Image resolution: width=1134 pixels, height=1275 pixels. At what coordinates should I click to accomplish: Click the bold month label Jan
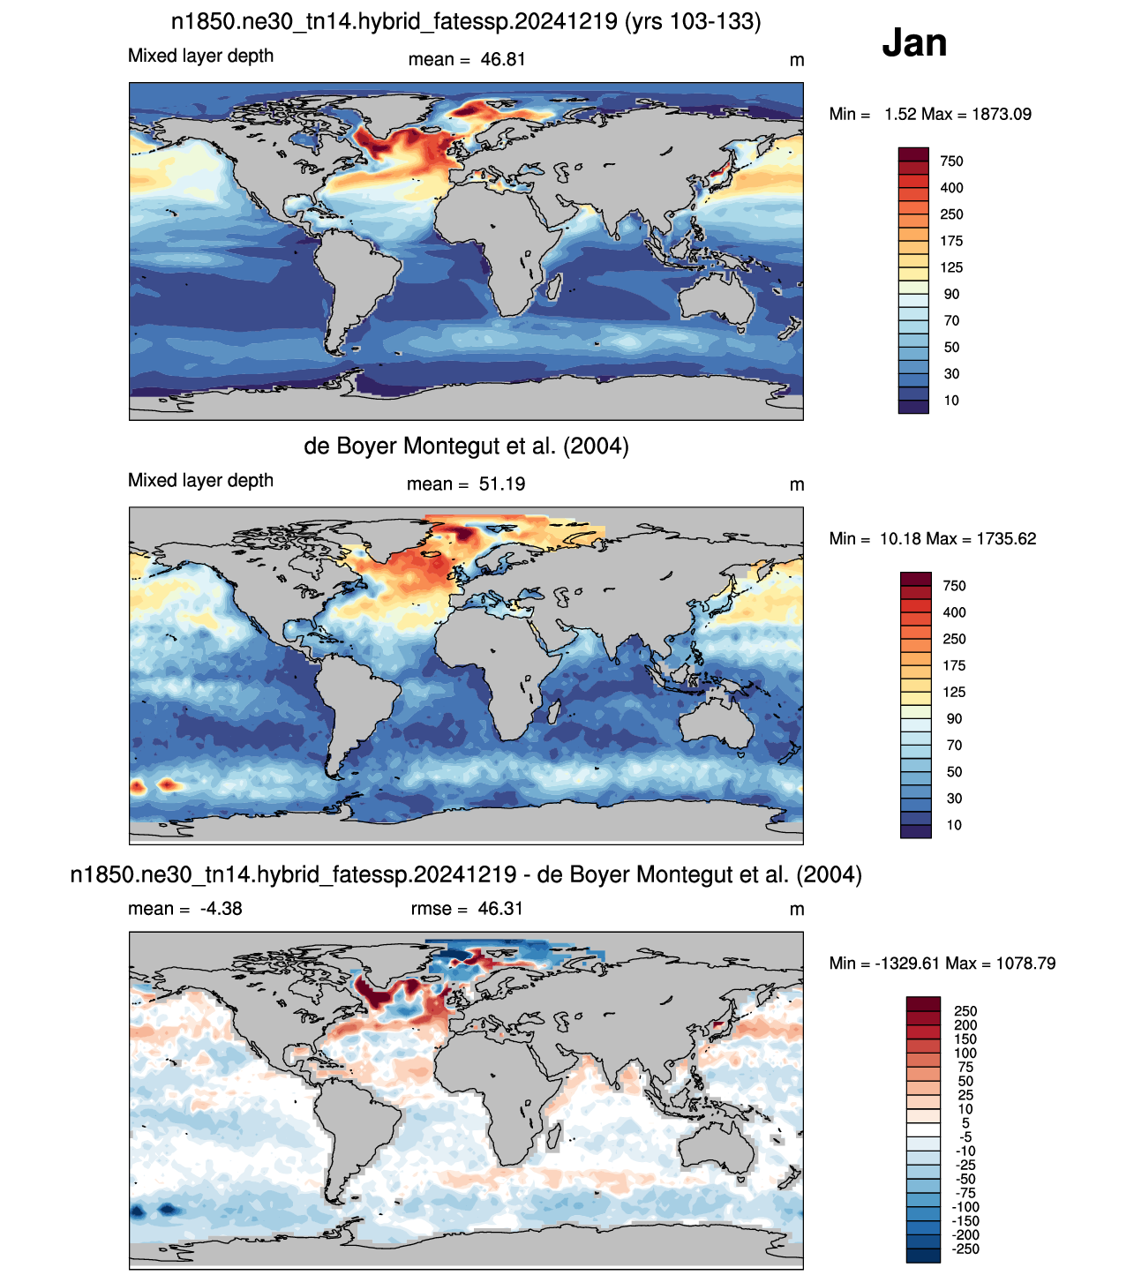click(913, 42)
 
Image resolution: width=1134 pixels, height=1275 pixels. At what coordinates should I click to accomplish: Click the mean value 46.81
click(502, 60)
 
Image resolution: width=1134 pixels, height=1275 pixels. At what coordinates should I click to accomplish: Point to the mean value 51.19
click(501, 484)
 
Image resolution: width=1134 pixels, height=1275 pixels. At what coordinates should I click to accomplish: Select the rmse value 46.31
click(499, 909)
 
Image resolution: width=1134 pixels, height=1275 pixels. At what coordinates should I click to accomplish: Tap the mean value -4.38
click(221, 909)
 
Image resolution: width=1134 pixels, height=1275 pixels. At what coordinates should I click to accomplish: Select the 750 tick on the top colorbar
click(950, 161)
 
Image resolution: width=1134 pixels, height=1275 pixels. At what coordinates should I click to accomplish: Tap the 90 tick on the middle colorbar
click(954, 719)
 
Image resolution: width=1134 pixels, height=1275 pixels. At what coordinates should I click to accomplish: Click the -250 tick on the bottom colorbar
click(966, 1249)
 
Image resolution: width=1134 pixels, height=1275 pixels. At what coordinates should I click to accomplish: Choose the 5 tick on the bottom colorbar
click(965, 1123)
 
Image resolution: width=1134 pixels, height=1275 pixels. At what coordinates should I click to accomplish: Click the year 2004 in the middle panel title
click(596, 446)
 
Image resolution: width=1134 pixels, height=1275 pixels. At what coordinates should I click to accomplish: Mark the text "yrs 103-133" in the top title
click(693, 22)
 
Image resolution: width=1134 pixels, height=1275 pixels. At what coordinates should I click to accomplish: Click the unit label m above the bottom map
click(796, 910)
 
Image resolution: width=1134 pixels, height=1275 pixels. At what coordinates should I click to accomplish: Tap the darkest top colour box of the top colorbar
click(913, 154)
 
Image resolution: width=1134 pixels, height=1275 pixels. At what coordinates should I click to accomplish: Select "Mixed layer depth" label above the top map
click(200, 56)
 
